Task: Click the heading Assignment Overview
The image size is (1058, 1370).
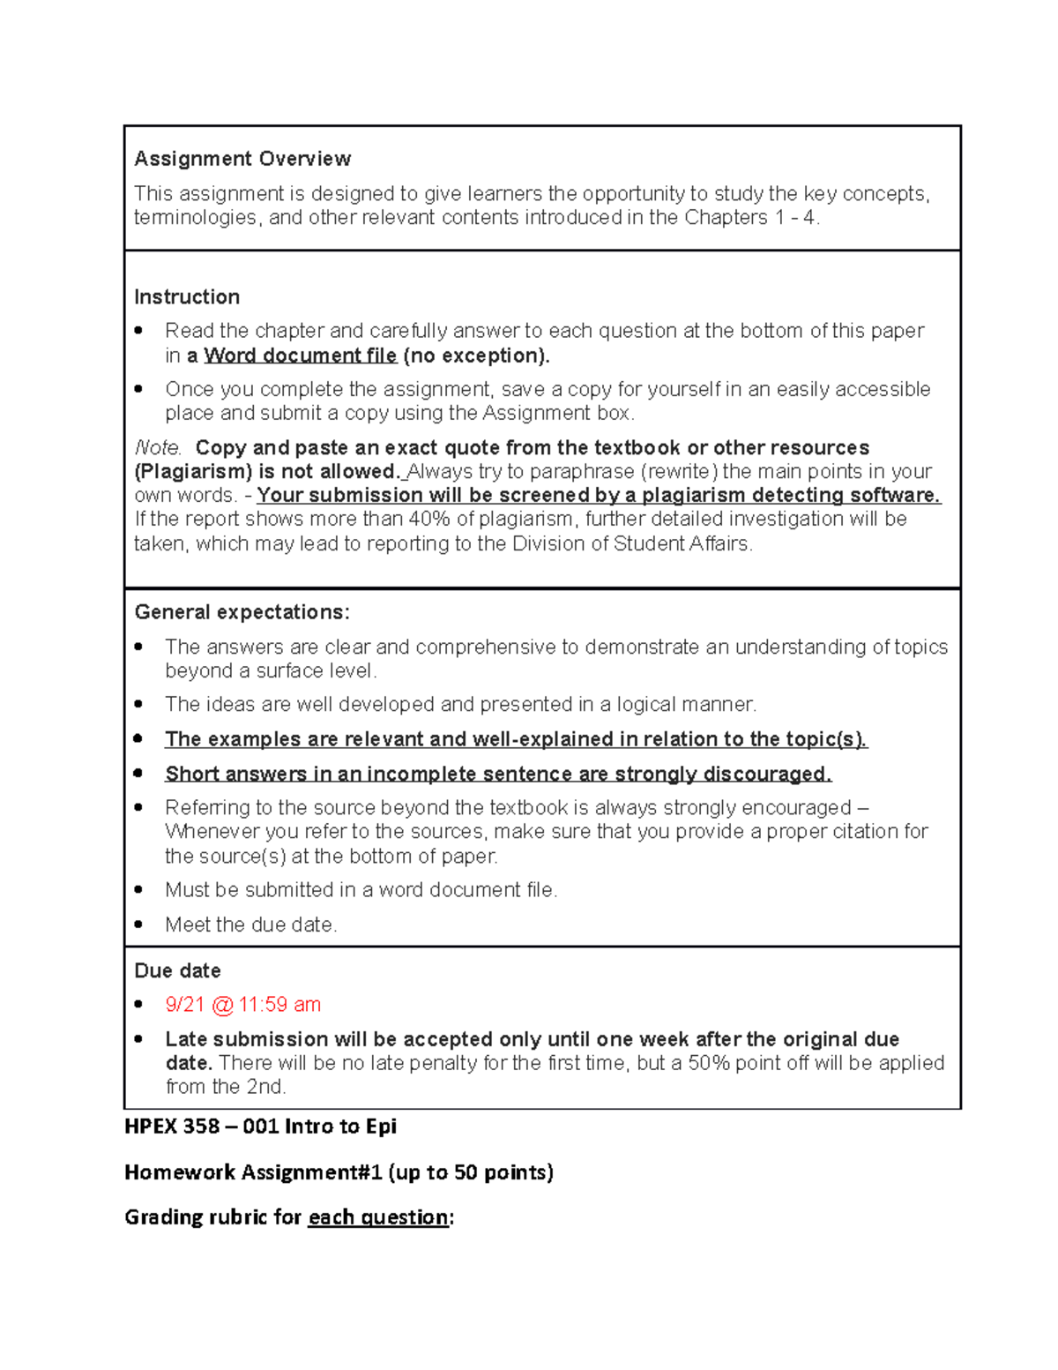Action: coord(242,159)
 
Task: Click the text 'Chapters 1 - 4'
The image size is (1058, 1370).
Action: coord(750,218)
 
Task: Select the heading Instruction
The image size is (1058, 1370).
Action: coord(187,297)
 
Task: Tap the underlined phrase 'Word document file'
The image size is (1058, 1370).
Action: coord(300,356)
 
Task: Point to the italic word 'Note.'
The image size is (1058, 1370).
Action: coord(158,448)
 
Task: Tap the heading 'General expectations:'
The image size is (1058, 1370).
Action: coord(242,612)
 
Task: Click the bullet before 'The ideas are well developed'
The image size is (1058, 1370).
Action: coord(138,704)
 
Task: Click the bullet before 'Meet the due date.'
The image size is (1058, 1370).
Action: coord(138,925)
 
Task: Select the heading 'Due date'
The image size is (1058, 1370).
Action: coord(177,971)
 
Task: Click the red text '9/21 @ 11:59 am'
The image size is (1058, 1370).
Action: coord(242,1005)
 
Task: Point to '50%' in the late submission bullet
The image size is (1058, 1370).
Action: coord(709,1063)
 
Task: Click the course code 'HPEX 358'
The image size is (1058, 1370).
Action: coord(172,1127)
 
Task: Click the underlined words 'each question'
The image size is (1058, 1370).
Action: coord(378,1217)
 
